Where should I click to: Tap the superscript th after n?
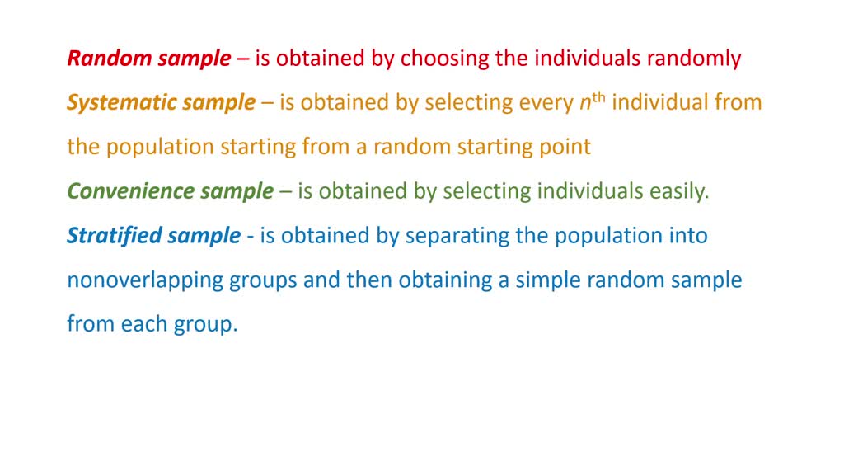click(x=598, y=97)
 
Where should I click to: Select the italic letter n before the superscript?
click(x=586, y=104)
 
